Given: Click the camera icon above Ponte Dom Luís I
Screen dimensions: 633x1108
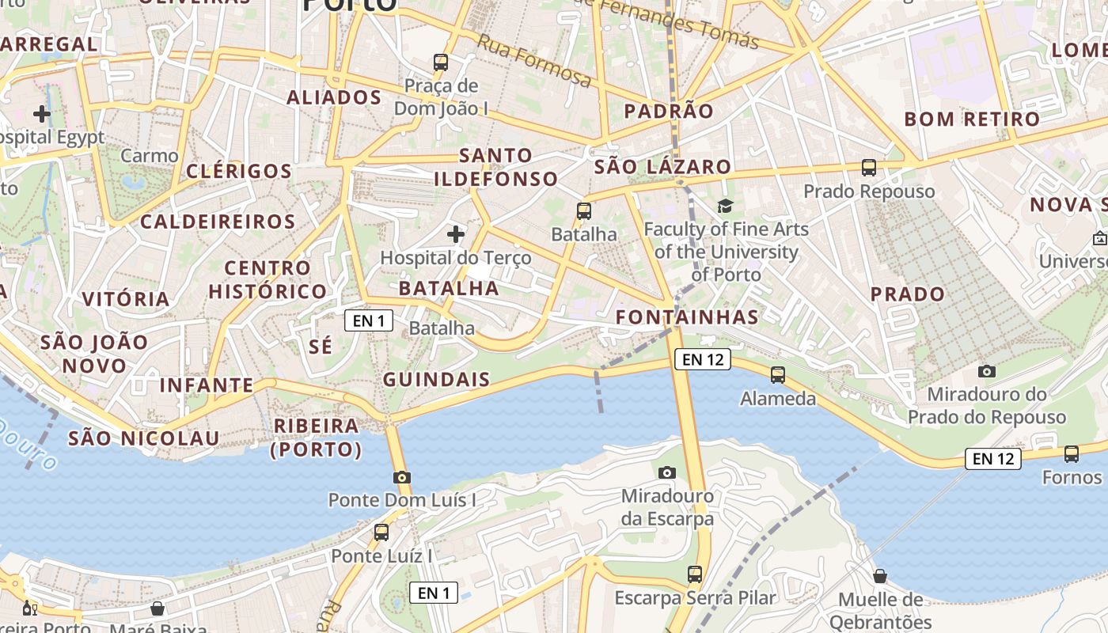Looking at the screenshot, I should tap(402, 477).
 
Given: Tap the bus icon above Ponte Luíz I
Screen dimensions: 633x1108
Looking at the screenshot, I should tap(381, 533).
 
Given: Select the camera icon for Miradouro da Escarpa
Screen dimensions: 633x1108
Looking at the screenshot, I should tap(667, 472).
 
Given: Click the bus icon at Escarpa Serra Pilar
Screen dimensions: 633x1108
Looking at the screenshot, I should tap(695, 574).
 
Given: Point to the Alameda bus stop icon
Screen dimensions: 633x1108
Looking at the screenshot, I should tap(778, 375).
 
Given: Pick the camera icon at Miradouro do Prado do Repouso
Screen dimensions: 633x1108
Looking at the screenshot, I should tap(986, 371).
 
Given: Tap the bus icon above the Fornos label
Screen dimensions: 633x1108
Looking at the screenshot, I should tap(1072, 454).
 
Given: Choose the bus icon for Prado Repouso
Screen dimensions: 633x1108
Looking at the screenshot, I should tap(869, 168).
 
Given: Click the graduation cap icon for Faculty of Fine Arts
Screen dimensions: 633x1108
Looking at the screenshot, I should tap(725, 207).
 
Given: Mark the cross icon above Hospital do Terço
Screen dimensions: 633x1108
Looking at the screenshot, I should tap(456, 234).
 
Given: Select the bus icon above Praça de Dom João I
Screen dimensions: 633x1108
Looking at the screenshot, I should tap(441, 62).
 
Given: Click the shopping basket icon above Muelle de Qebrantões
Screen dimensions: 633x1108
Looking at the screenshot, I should tap(880, 576).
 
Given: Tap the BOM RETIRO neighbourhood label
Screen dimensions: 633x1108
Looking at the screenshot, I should tap(972, 119).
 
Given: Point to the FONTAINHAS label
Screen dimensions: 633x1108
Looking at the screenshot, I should tap(687, 318).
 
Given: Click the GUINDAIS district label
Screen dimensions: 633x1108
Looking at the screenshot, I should tap(437, 380).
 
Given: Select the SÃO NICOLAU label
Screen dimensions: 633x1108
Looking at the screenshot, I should tap(143, 438).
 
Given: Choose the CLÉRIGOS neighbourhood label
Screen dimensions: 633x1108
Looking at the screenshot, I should tap(239, 171).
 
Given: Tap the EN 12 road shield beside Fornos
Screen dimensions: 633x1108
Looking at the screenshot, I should tap(992, 458).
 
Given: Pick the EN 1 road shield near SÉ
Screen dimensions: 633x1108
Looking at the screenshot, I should tap(369, 320).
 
